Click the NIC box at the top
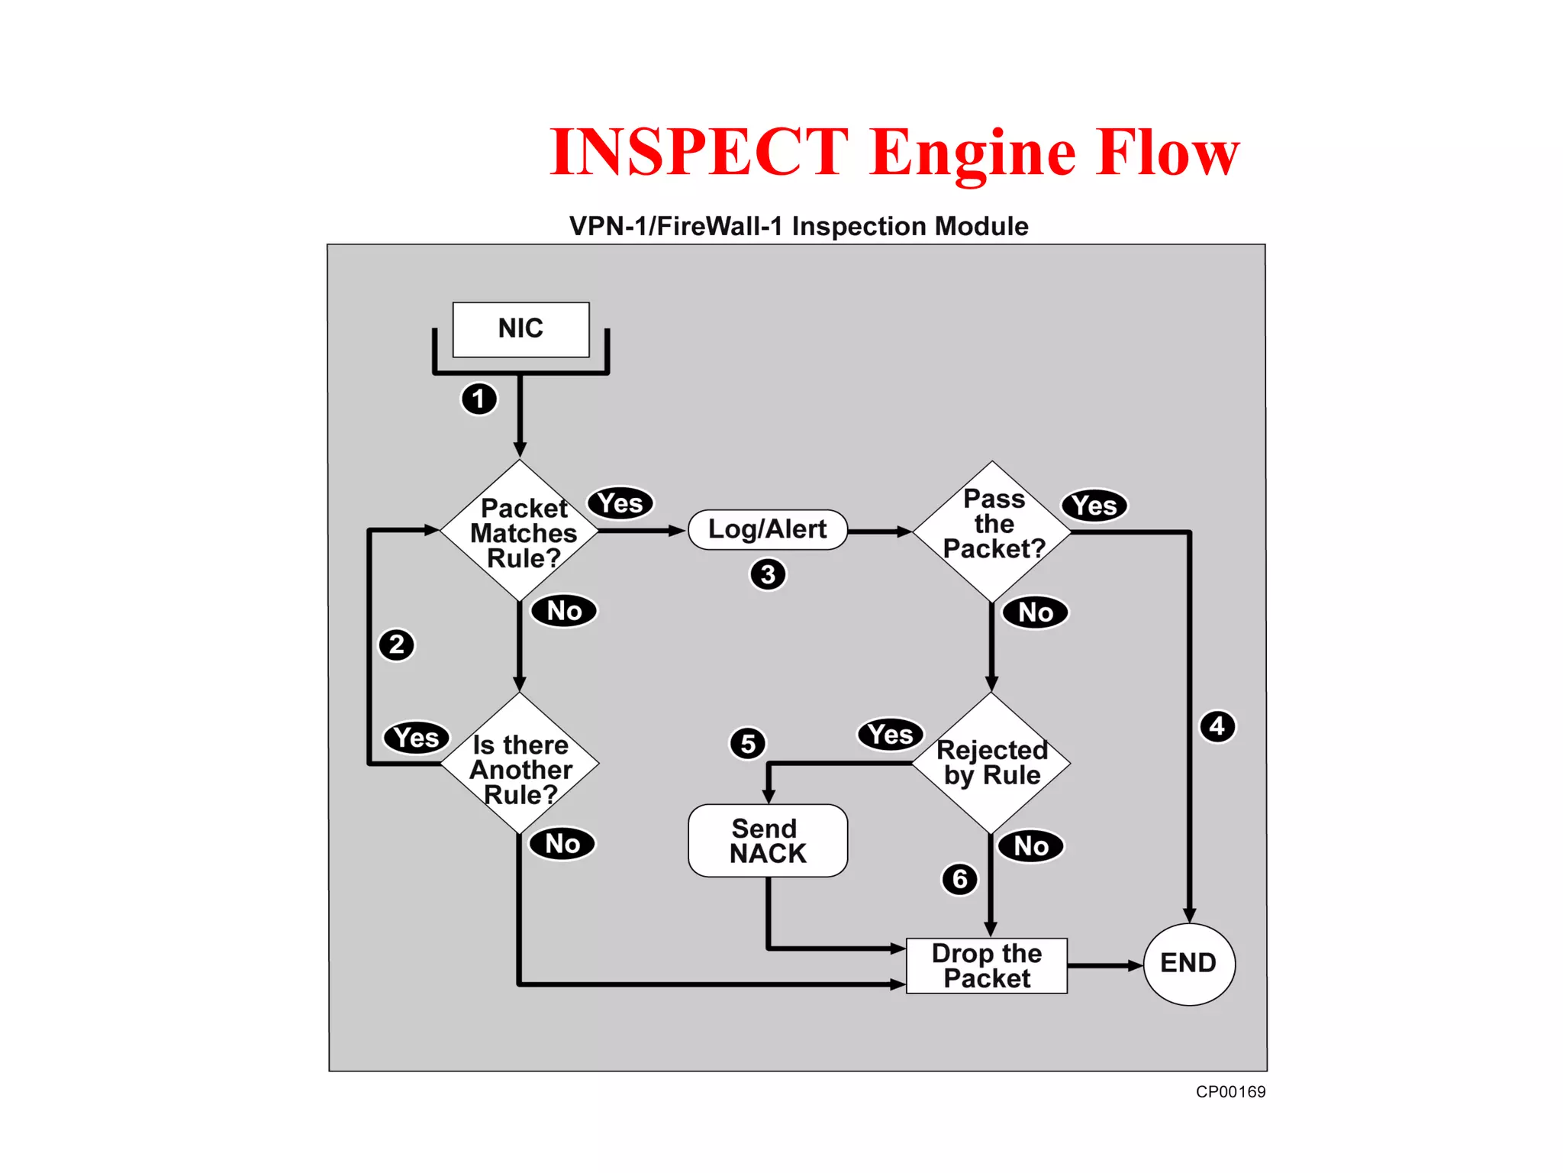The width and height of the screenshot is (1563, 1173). click(x=520, y=329)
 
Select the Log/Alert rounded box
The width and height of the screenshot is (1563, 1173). click(x=767, y=529)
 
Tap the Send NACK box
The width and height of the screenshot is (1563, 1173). click(x=767, y=841)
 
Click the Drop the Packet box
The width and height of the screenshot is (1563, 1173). click(x=986, y=966)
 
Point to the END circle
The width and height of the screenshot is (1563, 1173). click(x=1188, y=964)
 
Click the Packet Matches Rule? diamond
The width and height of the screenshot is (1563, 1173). click(x=520, y=532)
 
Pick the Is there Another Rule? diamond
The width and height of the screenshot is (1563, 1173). click(x=520, y=767)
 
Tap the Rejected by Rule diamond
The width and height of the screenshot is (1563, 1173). click(x=992, y=762)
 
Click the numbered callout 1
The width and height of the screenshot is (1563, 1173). click(x=479, y=399)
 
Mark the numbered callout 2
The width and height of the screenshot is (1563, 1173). click(x=396, y=645)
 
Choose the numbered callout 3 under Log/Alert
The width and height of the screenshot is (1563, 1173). click(x=768, y=574)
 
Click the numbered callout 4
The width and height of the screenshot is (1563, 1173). click(x=1217, y=725)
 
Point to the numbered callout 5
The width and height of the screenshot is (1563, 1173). click(x=748, y=743)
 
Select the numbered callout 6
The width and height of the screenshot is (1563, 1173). click(x=959, y=879)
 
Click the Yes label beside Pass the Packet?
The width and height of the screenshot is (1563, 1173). click(x=1094, y=506)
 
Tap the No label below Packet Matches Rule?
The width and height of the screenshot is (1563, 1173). click(x=564, y=611)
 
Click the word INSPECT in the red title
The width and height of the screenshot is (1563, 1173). click(x=698, y=152)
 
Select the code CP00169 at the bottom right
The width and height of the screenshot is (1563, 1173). click(x=1230, y=1092)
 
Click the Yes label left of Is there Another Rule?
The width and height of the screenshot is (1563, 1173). click(x=416, y=738)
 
